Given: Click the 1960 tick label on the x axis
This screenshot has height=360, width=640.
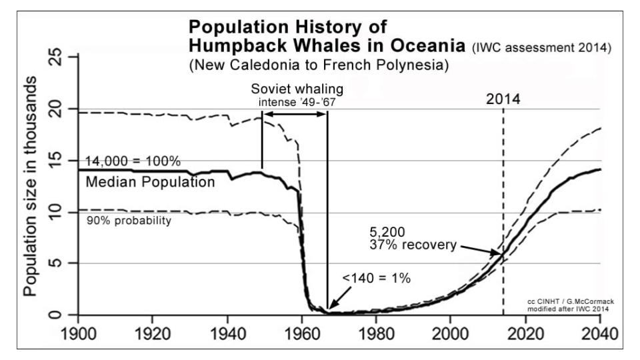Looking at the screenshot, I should click(x=302, y=331).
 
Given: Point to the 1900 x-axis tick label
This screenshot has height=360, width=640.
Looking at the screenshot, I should click(x=78, y=331).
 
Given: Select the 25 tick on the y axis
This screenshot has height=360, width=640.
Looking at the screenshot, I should click(x=59, y=58).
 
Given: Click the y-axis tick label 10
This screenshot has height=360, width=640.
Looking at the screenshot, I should click(x=59, y=212).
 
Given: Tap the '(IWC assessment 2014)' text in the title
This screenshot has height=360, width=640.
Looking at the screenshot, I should click(x=541, y=49).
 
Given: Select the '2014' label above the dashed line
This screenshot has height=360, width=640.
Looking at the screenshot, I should click(x=503, y=100).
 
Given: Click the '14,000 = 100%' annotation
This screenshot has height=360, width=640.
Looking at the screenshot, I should click(x=133, y=161).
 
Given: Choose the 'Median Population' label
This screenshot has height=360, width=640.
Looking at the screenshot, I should click(x=150, y=181).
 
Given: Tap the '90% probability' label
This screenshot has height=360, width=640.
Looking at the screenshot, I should click(x=129, y=221).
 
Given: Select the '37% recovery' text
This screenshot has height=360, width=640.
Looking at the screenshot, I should click(x=413, y=245).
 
